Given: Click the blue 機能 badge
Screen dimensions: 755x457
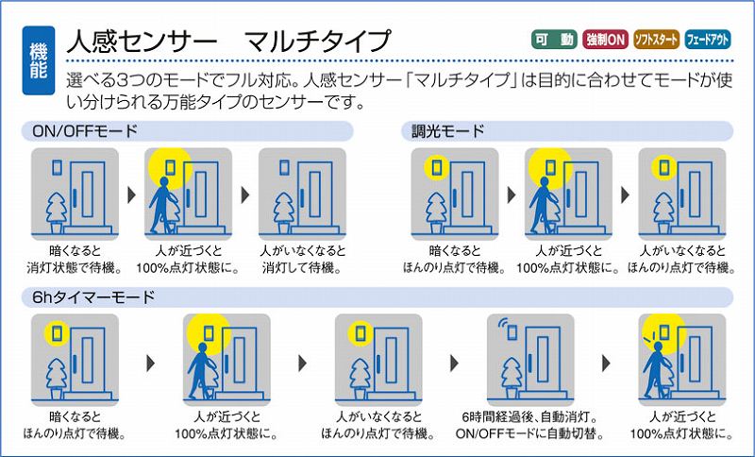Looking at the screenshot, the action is pyautogui.click(x=39, y=60).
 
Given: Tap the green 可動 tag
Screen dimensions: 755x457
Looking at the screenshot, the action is pyautogui.click(x=555, y=40).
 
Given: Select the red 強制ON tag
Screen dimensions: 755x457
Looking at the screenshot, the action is pyautogui.click(x=605, y=40).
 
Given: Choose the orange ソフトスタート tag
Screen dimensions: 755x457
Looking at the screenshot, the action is pyautogui.click(x=656, y=40).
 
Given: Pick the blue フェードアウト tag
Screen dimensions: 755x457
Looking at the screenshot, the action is pyautogui.click(x=707, y=40).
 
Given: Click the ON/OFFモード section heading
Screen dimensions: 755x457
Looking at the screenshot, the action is pyautogui.click(x=85, y=131).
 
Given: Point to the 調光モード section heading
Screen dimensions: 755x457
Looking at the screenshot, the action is pyautogui.click(x=447, y=131).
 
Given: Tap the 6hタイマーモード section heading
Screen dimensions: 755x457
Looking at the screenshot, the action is pyautogui.click(x=93, y=297).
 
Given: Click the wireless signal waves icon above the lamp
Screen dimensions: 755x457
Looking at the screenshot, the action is pyautogui.click(x=504, y=323).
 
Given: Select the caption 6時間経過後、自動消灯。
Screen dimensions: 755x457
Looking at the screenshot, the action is pyautogui.click(x=529, y=416).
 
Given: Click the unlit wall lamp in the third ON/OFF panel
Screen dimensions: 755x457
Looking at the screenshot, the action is pyautogui.click(x=284, y=167).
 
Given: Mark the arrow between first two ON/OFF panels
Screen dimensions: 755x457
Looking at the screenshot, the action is pyautogui.click(x=132, y=195).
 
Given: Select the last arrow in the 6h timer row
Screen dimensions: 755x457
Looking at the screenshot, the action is pyautogui.click(x=606, y=363).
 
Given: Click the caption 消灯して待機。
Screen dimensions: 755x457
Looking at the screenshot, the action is pyautogui.click(x=302, y=267).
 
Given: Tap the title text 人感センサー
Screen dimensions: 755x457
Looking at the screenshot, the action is pyautogui.click(x=142, y=41).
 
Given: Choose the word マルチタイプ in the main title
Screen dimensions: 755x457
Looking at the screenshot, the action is pyautogui.click(x=318, y=41).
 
